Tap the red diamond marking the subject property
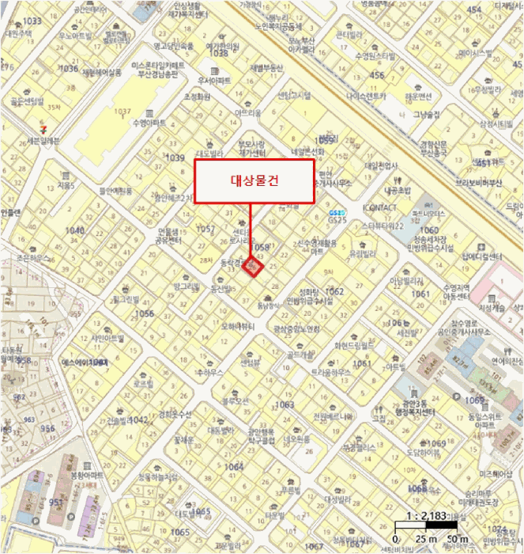pyautogui.click(x=253, y=268)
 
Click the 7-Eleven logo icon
pyautogui.click(x=45, y=127)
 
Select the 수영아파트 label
pyautogui.click(x=149, y=123)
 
